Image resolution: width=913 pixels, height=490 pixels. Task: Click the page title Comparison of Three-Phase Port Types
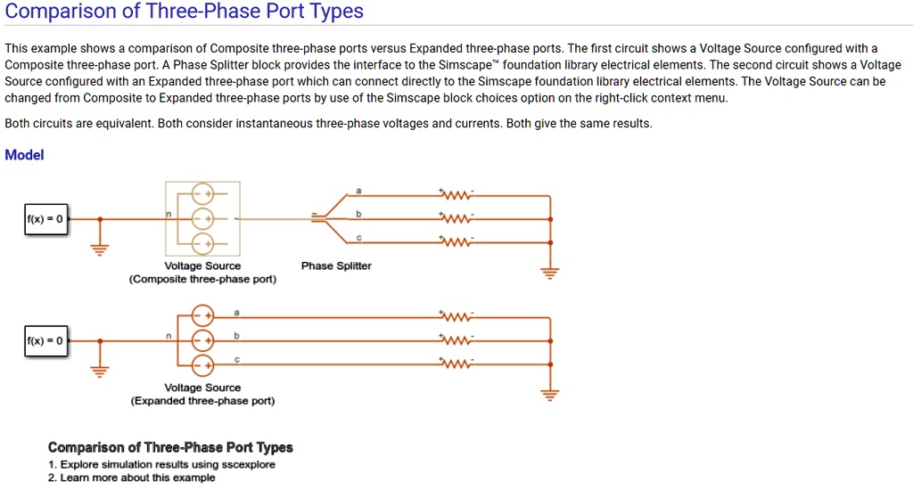pyautogui.click(x=185, y=12)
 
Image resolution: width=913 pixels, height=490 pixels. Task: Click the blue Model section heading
pyautogui.click(x=24, y=155)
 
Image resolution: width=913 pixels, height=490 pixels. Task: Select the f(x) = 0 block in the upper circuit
pyautogui.click(x=45, y=218)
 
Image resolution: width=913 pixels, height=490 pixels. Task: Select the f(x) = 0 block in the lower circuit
pyautogui.click(x=45, y=340)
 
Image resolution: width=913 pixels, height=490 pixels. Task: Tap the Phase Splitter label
pyautogui.click(x=336, y=265)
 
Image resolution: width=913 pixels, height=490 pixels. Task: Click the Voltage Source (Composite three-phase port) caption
pyautogui.click(x=202, y=273)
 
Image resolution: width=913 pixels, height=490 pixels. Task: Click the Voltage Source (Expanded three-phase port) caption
pyautogui.click(x=202, y=395)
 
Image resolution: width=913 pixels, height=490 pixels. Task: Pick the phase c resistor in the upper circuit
pyautogui.click(x=457, y=242)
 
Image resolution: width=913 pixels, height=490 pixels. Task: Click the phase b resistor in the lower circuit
pyautogui.click(x=457, y=340)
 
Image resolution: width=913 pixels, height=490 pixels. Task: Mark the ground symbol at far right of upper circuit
pyautogui.click(x=550, y=272)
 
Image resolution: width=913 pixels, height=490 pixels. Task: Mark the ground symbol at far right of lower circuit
pyautogui.click(x=550, y=394)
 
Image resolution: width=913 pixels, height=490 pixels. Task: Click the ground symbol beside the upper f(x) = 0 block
pyautogui.click(x=100, y=249)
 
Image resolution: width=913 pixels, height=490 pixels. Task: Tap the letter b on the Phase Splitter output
pyautogui.click(x=358, y=214)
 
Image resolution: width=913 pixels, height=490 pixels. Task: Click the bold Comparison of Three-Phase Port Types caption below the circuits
pyautogui.click(x=170, y=447)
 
